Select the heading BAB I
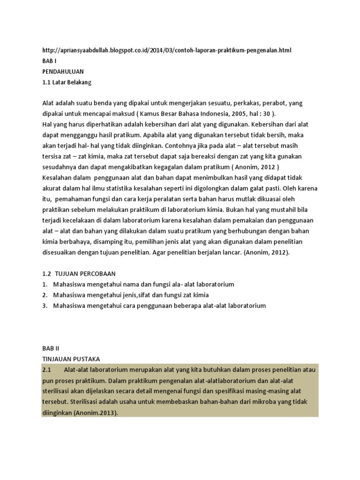tap(49, 61)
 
